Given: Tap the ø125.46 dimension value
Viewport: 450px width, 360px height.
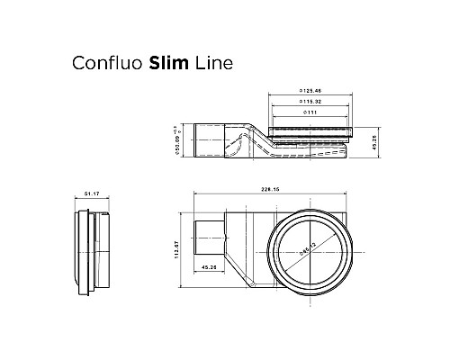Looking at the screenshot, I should tap(311, 93).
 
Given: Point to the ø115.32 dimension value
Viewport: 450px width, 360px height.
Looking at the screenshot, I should tap(311, 102).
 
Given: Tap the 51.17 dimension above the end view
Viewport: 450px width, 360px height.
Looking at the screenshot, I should tap(89, 194).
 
